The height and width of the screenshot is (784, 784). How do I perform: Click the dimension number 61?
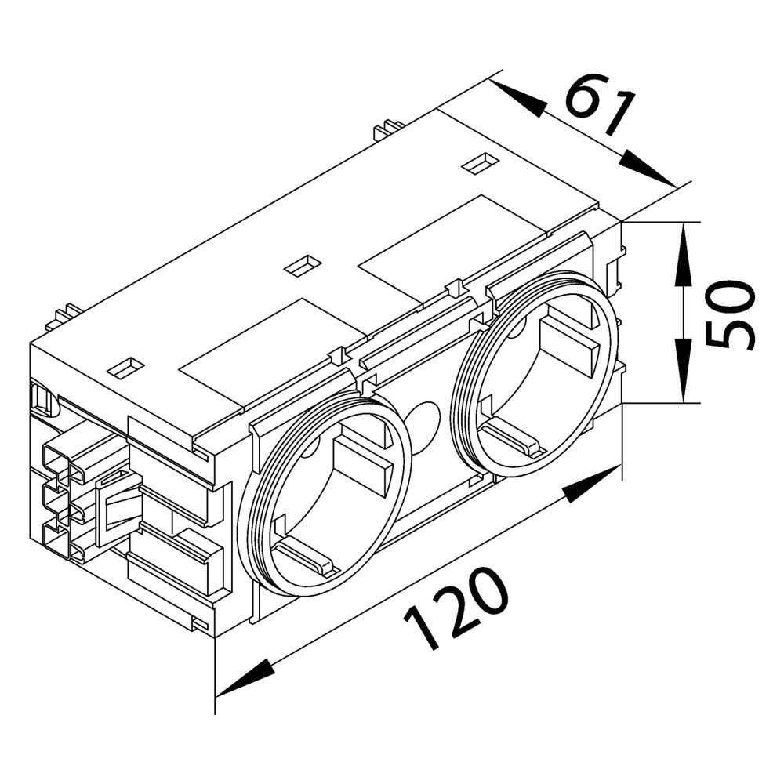pyautogui.click(x=600, y=105)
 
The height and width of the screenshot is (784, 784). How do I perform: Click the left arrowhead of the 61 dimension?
pyautogui.click(x=520, y=99)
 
